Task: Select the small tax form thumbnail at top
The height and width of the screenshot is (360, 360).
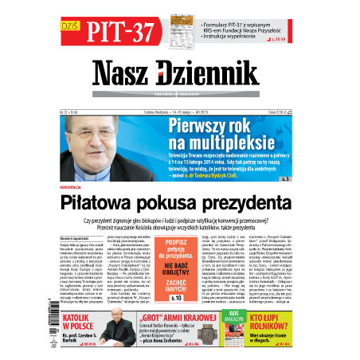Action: click(x=180, y=31)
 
